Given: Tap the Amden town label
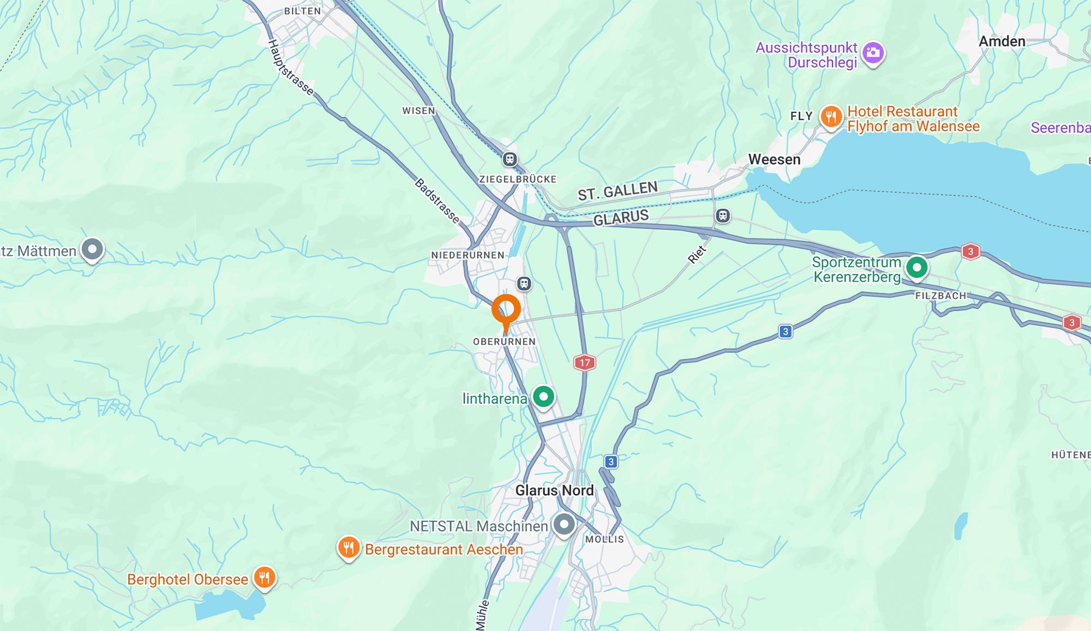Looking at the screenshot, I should [x=1002, y=41].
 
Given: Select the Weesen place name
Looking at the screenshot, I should [x=774, y=159].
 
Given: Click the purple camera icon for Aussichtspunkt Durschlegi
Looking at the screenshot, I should [x=873, y=53].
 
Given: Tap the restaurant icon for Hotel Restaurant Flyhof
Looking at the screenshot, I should [x=831, y=117].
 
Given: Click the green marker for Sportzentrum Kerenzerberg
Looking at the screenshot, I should [x=916, y=268].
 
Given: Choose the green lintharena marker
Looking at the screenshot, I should [x=543, y=396].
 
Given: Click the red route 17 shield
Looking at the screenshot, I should [x=584, y=363].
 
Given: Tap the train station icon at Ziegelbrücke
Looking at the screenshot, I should [x=509, y=159].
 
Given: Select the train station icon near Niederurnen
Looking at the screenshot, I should [x=524, y=284].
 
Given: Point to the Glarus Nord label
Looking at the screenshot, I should [x=554, y=490].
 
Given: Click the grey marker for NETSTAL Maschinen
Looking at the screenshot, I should [x=564, y=525].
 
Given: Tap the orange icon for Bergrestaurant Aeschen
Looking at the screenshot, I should [x=349, y=548].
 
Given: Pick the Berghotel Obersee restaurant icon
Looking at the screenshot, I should [x=264, y=578].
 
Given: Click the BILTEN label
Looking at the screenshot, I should [x=302, y=11].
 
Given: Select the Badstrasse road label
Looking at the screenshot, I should [x=437, y=200].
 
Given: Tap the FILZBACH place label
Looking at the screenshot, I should [x=940, y=296].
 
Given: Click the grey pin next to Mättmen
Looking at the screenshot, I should [x=92, y=250].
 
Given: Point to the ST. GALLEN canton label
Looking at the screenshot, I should [x=618, y=191].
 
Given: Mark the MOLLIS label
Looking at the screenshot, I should [x=604, y=539].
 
